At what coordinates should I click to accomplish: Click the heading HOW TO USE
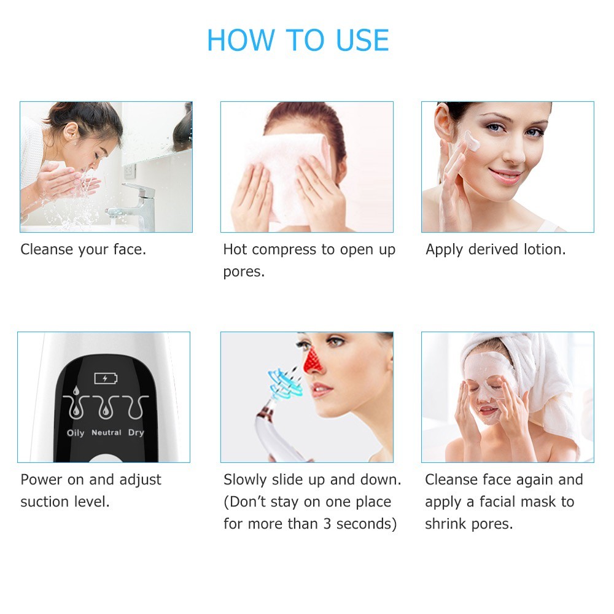click(x=298, y=40)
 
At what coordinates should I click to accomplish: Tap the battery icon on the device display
click(x=106, y=378)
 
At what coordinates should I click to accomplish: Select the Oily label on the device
click(x=76, y=433)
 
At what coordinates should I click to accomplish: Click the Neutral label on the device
click(x=106, y=433)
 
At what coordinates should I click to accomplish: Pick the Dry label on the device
click(x=136, y=433)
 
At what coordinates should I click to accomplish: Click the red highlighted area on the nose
click(x=313, y=360)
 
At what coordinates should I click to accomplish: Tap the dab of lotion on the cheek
click(x=472, y=141)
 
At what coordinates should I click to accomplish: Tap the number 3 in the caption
click(x=327, y=524)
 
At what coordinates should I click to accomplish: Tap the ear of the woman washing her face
click(x=72, y=133)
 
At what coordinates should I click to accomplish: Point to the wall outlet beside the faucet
click(x=130, y=170)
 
